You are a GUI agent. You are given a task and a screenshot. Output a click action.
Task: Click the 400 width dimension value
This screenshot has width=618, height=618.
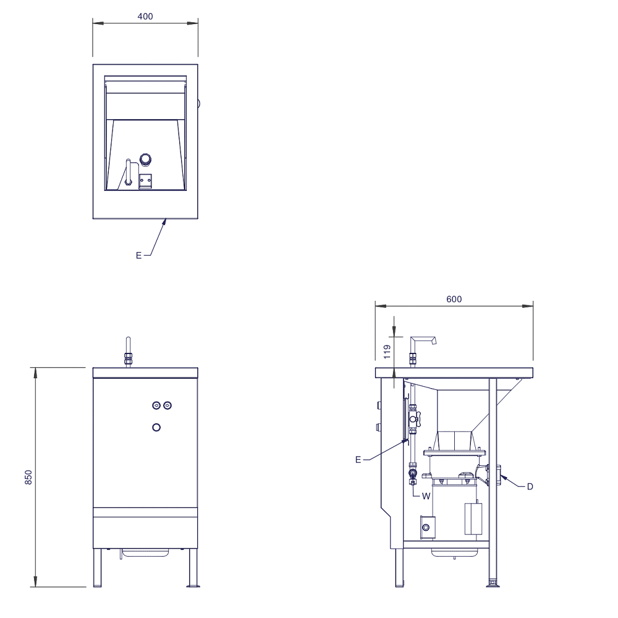pyautogui.click(x=145, y=16)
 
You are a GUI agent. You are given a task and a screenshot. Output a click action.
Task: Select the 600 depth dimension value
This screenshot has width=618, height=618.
pyautogui.click(x=454, y=299)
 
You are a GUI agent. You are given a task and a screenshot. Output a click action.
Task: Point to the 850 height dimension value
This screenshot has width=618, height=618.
pyautogui.click(x=28, y=477)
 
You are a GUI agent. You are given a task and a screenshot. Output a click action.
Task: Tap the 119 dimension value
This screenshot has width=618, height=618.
pyautogui.click(x=387, y=352)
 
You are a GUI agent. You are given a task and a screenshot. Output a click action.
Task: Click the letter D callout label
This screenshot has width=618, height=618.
pyautogui.click(x=530, y=487)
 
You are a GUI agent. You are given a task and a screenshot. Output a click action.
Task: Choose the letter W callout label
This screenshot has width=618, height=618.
pyautogui.click(x=426, y=497)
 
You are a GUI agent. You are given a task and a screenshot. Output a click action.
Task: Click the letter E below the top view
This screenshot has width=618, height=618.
pyautogui.click(x=138, y=255)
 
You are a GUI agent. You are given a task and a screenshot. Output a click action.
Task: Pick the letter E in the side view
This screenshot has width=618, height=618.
pyautogui.click(x=358, y=460)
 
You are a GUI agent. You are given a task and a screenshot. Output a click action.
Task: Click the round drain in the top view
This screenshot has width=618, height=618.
pyautogui.click(x=145, y=159)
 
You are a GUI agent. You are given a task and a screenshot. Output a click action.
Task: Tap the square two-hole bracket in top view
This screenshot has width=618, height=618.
pyautogui.click(x=145, y=181)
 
